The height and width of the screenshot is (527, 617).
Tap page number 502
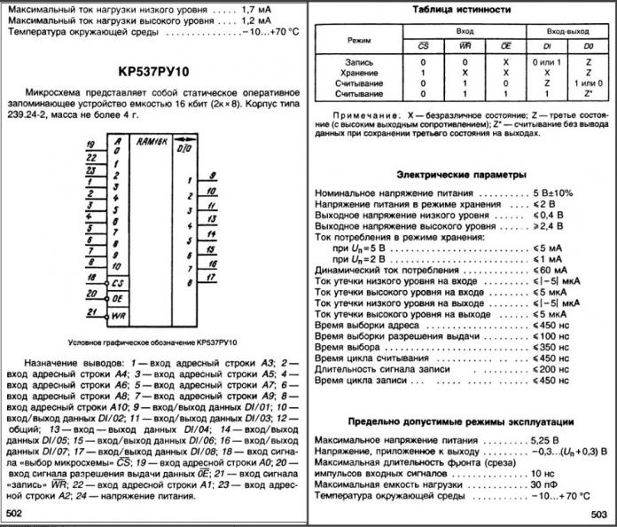click(x=15, y=513)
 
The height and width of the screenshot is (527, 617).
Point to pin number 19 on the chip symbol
click(x=92, y=144)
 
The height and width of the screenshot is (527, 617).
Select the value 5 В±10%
click(x=557, y=193)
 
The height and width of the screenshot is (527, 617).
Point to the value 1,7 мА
click(x=261, y=8)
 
